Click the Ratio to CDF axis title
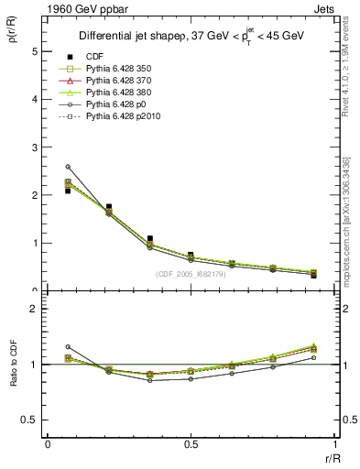[x=14, y=359]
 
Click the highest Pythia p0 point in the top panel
[x=68, y=167]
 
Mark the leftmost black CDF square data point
[x=68, y=191]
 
